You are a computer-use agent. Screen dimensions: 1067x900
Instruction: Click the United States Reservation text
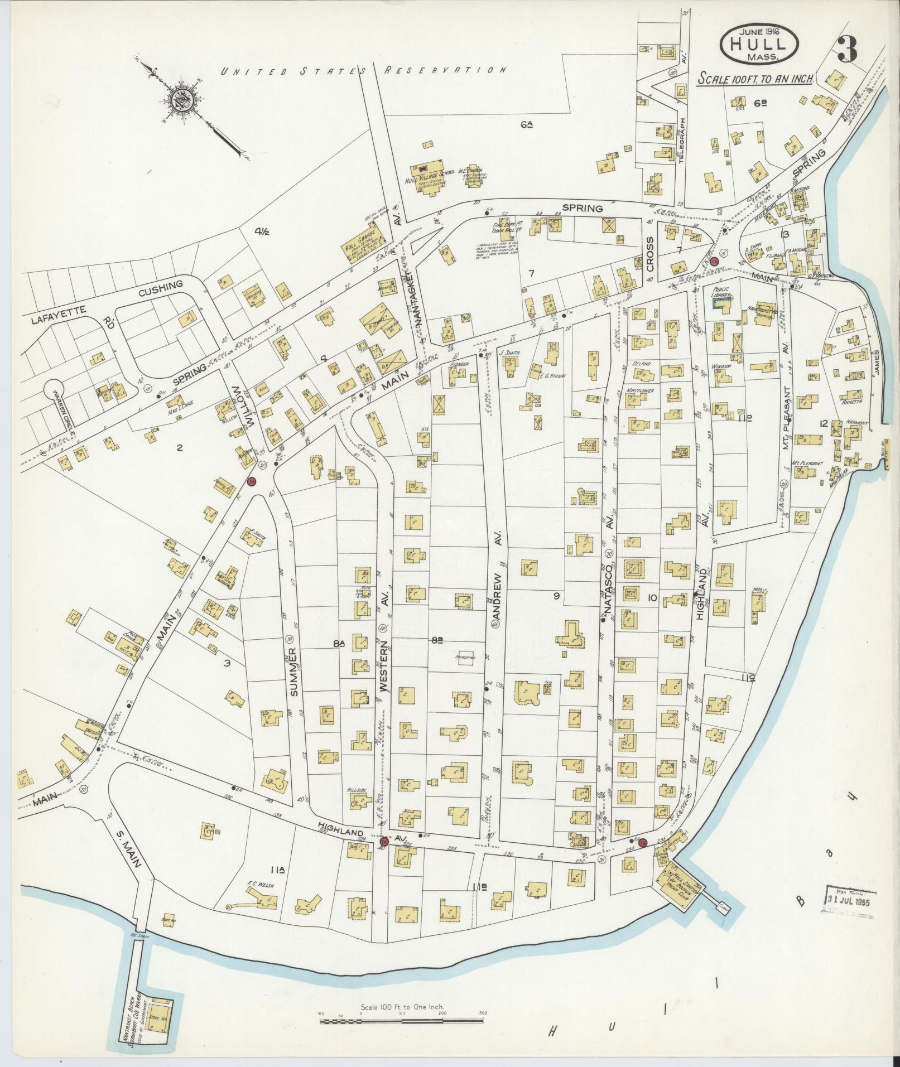pos(363,71)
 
